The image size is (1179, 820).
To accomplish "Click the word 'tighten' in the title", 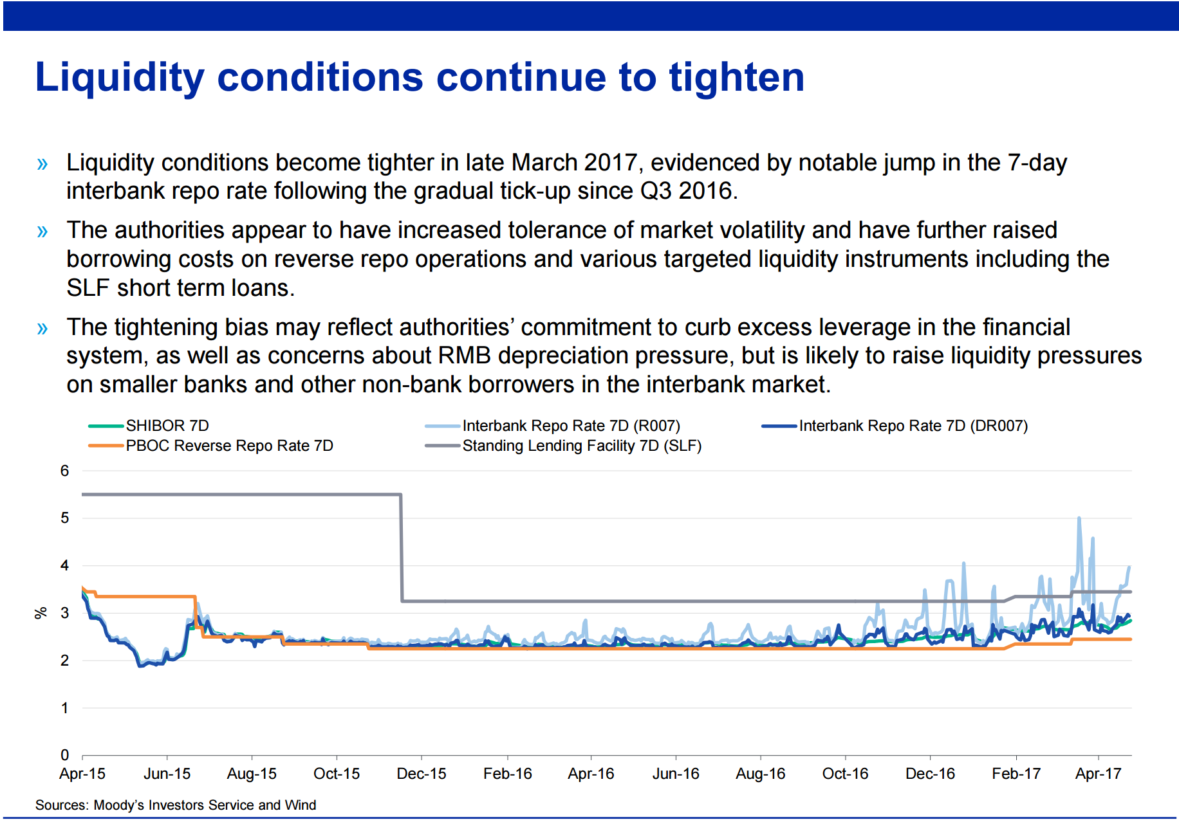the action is (x=737, y=77).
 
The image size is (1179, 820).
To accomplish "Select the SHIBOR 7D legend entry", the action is (x=149, y=426).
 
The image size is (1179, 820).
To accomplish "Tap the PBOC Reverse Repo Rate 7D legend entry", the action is (x=211, y=446).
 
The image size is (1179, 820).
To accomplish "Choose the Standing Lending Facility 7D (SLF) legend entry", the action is (x=563, y=446).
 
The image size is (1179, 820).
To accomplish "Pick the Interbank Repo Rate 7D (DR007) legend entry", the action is (x=895, y=426).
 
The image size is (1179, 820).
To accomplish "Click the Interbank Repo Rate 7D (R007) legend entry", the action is (x=553, y=426).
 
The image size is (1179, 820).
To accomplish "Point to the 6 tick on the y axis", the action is (x=64, y=471).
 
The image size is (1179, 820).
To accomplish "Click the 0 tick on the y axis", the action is (x=64, y=755).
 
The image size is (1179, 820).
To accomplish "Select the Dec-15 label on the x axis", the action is (x=422, y=774).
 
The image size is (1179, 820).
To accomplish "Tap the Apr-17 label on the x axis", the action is (x=1099, y=774).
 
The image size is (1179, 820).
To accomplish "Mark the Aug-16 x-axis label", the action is (x=761, y=774).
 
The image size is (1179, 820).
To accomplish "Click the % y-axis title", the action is (x=41, y=613).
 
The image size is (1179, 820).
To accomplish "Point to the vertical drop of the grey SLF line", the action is (x=402, y=548).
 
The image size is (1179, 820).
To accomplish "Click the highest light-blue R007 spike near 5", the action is (x=1079, y=518).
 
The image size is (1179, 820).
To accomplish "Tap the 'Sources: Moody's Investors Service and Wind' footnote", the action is (x=176, y=805).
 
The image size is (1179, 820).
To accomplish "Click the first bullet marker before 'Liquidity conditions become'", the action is (x=42, y=163).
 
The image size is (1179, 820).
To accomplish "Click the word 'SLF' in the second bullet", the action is (x=88, y=288).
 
